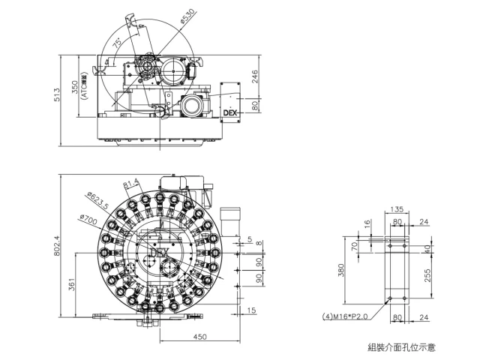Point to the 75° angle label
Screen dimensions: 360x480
[x=117, y=45]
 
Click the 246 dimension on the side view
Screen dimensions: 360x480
[x=255, y=76]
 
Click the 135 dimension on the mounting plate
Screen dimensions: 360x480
[x=397, y=211]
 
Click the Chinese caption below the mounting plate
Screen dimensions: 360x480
[x=401, y=347]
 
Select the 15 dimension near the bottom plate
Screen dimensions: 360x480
[x=251, y=310]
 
